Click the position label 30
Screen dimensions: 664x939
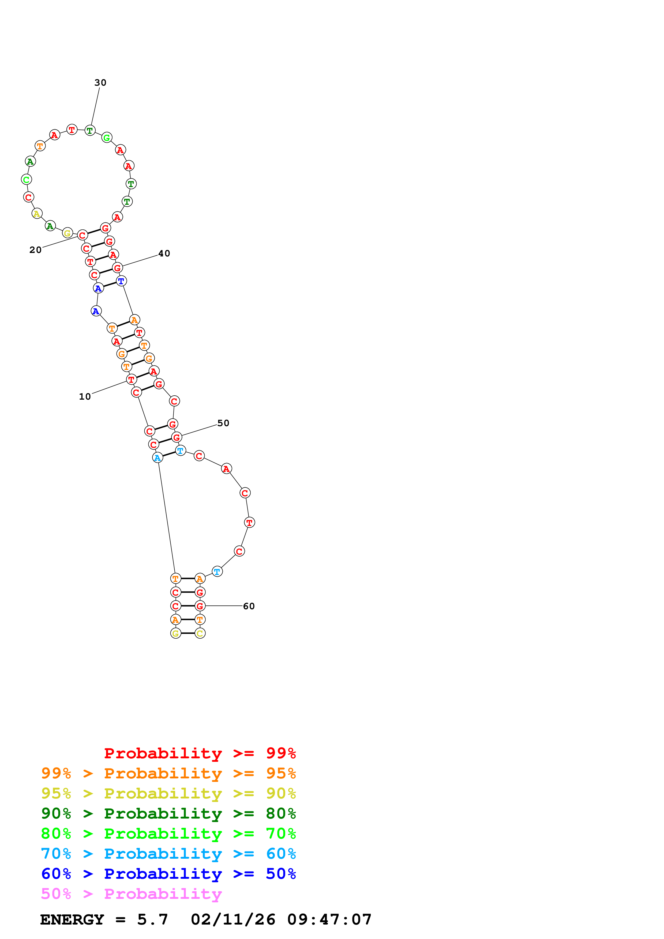click(100, 83)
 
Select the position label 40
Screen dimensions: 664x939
click(164, 253)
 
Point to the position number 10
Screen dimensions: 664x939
click(85, 397)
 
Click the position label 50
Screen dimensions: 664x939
click(223, 423)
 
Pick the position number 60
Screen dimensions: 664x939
click(249, 606)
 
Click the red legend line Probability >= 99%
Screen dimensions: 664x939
click(200, 753)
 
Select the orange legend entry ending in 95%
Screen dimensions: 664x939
click(168, 773)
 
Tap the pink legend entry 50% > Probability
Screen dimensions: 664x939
click(131, 893)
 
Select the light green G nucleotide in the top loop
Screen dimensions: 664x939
click(107, 138)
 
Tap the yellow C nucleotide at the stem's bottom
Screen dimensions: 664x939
click(200, 634)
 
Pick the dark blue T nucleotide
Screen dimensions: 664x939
click(121, 281)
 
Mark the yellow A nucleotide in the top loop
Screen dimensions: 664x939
click(37, 214)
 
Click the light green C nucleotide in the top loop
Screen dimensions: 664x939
click(27, 180)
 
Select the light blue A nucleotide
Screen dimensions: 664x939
click(157, 458)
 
